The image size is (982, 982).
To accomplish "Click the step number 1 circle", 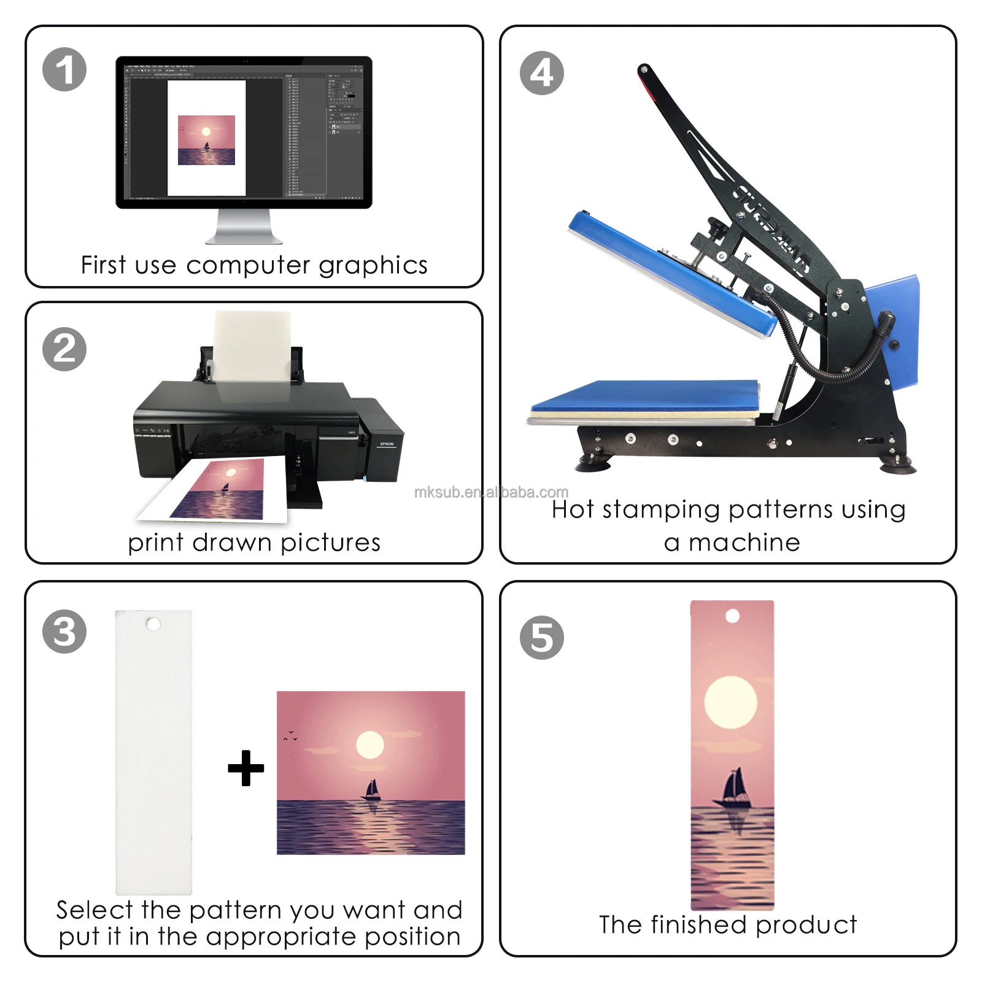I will [x=64, y=69].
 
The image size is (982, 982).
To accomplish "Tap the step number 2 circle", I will [x=64, y=349].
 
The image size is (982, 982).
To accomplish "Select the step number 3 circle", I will [x=64, y=632].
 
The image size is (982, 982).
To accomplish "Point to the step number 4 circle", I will [x=541, y=73].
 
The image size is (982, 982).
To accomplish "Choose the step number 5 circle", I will [x=541, y=638].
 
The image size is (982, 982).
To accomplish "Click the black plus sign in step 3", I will [x=245, y=768].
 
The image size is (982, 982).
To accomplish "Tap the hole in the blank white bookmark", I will [x=153, y=624].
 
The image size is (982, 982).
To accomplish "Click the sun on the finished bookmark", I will [x=730, y=702].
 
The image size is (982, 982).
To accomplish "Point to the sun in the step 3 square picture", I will [x=370, y=744].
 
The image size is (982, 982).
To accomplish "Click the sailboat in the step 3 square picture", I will [x=371, y=790].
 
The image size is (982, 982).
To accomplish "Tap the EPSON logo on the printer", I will [x=387, y=444].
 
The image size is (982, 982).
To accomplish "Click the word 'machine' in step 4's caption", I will [x=744, y=543].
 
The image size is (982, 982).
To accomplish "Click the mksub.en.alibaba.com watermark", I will [x=491, y=492].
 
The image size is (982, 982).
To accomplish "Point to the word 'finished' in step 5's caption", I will [x=699, y=924].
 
